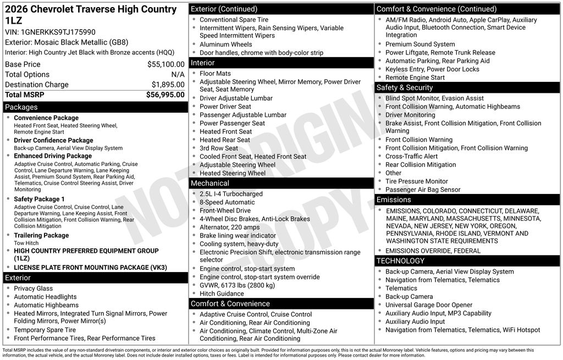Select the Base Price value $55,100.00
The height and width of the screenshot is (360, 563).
(x=165, y=64)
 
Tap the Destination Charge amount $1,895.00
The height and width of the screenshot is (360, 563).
(x=168, y=85)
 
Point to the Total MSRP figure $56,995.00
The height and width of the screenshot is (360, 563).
(x=165, y=95)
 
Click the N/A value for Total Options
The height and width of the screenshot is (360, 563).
(x=178, y=74)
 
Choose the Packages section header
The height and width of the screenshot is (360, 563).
(x=21, y=107)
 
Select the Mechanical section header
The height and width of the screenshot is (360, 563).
(x=210, y=183)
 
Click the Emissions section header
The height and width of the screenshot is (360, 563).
(x=394, y=200)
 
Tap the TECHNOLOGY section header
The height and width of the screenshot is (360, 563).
(x=400, y=261)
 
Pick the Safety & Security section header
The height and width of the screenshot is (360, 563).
(x=405, y=87)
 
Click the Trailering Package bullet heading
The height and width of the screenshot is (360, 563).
(x=41, y=235)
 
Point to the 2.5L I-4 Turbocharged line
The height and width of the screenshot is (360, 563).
(x=231, y=194)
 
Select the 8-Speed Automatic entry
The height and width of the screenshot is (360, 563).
(x=227, y=202)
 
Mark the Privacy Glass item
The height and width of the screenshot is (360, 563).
(x=34, y=289)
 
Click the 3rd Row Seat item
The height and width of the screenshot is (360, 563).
(x=219, y=148)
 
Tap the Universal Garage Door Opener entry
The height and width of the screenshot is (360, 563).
(x=429, y=305)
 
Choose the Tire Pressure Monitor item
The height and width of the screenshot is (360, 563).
(x=417, y=181)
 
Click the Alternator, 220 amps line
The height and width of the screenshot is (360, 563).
(x=230, y=227)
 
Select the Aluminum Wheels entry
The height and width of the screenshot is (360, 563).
(x=226, y=45)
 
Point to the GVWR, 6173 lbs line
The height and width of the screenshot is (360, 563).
(x=237, y=285)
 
